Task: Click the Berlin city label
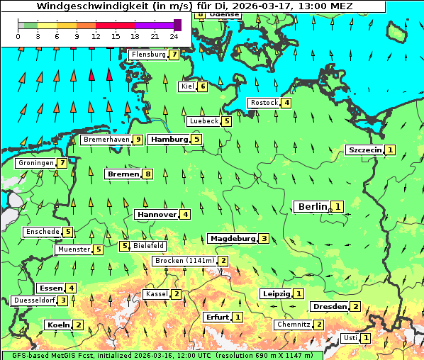coord(312,206)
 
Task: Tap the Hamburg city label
coord(169,140)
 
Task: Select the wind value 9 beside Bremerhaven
coord(138,140)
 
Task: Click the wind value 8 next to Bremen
coord(147,174)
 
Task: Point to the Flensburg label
coord(148,54)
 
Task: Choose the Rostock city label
coord(264,103)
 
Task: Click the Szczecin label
coord(364,150)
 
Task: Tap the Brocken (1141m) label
coord(184,261)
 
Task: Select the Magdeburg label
coord(232,238)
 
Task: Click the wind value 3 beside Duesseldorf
coord(63,300)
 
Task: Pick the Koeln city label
coord(57,325)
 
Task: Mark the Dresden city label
coord(329,306)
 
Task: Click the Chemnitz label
coord(293,325)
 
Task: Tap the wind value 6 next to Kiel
coord(203,86)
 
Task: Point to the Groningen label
coord(35,163)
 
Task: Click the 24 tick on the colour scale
coord(173,35)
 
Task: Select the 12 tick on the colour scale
coord(96,35)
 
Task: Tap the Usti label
coord(350,338)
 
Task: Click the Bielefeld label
coord(149,246)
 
